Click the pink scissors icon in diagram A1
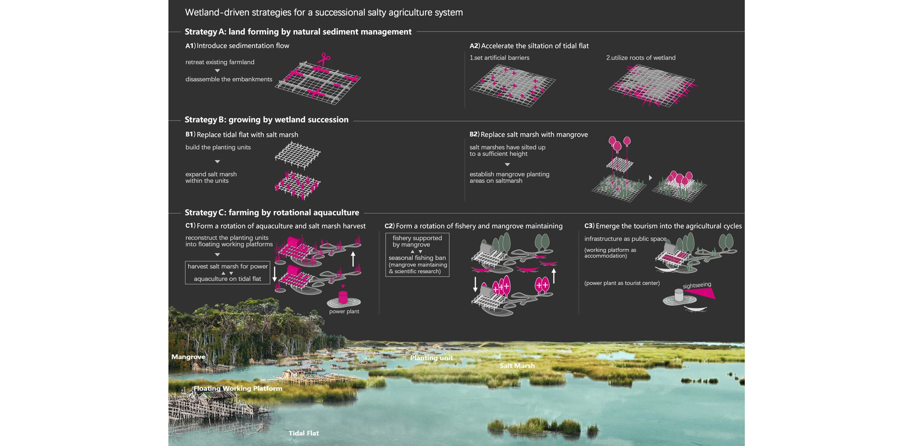pyautogui.click(x=324, y=59)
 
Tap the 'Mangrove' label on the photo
pyautogui.click(x=188, y=357)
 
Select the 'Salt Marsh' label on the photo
pyautogui.click(x=517, y=366)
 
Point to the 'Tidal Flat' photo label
pyautogui.click(x=304, y=433)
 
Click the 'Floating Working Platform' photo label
pyautogui.click(x=238, y=388)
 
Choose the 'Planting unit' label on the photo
pyautogui.click(x=432, y=357)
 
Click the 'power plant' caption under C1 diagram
pyautogui.click(x=344, y=311)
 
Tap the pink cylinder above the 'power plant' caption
pyautogui.click(x=343, y=297)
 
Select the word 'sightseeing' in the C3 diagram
pyautogui.click(x=697, y=285)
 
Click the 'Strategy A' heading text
pyautogui.click(x=298, y=32)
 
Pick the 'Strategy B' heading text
pyautogui.click(x=267, y=120)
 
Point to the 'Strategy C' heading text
pyautogui.click(x=272, y=213)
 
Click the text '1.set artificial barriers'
pyautogui.click(x=499, y=58)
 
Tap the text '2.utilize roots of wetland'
pyautogui.click(x=641, y=58)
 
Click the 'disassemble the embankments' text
pyautogui.click(x=229, y=79)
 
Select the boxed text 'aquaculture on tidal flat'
pyautogui.click(x=227, y=279)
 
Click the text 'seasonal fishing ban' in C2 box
pyautogui.click(x=417, y=258)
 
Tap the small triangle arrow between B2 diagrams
pyautogui.click(x=650, y=178)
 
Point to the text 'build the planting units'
pyautogui.click(x=218, y=147)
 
